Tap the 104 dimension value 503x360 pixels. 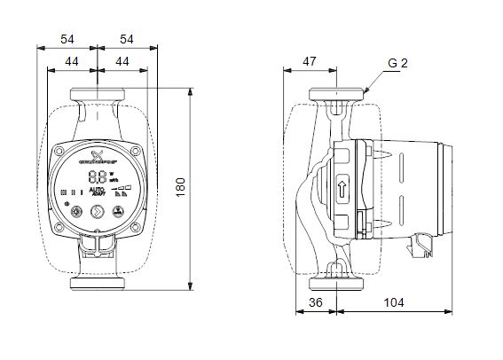394,302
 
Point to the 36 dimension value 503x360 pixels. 314,302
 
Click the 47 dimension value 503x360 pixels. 310,61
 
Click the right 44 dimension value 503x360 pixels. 122,61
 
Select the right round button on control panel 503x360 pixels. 115,212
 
